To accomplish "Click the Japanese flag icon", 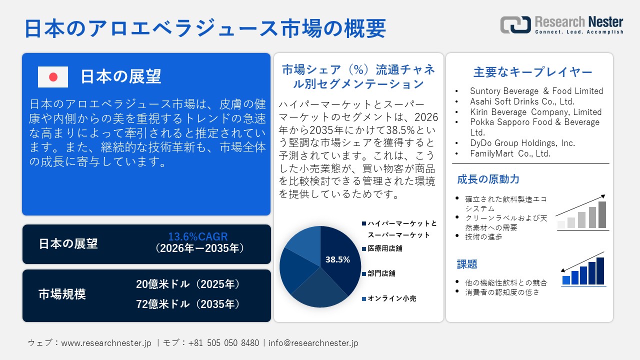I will click(53, 77).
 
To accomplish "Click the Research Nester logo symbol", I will click(515, 25).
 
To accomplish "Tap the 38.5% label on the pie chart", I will click(337, 259).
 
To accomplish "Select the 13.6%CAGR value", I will click(198, 237).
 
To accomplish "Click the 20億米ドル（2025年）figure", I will click(188, 284).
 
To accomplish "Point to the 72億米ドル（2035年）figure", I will click(188, 304).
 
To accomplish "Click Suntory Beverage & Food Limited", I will click(536, 91).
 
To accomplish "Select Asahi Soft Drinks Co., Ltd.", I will click(522, 101).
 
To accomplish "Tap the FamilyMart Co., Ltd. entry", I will click(510, 153).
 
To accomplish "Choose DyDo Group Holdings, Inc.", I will click(522, 143).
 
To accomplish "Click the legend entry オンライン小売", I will click(391, 298).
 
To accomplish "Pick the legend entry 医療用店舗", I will click(385, 248).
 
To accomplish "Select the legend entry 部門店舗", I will click(381, 273).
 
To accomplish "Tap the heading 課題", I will click(467, 264).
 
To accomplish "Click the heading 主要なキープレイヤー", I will click(532, 72).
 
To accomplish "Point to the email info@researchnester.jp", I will click(313, 343).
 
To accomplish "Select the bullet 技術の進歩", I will click(483, 237).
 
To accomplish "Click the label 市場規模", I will click(62, 294).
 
